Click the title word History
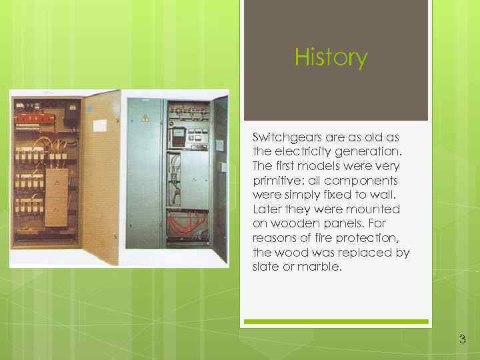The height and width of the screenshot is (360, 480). pyautogui.click(x=331, y=58)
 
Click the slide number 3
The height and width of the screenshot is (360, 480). pyautogui.click(x=462, y=340)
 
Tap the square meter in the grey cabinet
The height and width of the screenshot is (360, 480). pyautogui.click(x=178, y=137)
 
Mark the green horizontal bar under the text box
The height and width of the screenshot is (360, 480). pyautogui.click(x=336, y=322)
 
